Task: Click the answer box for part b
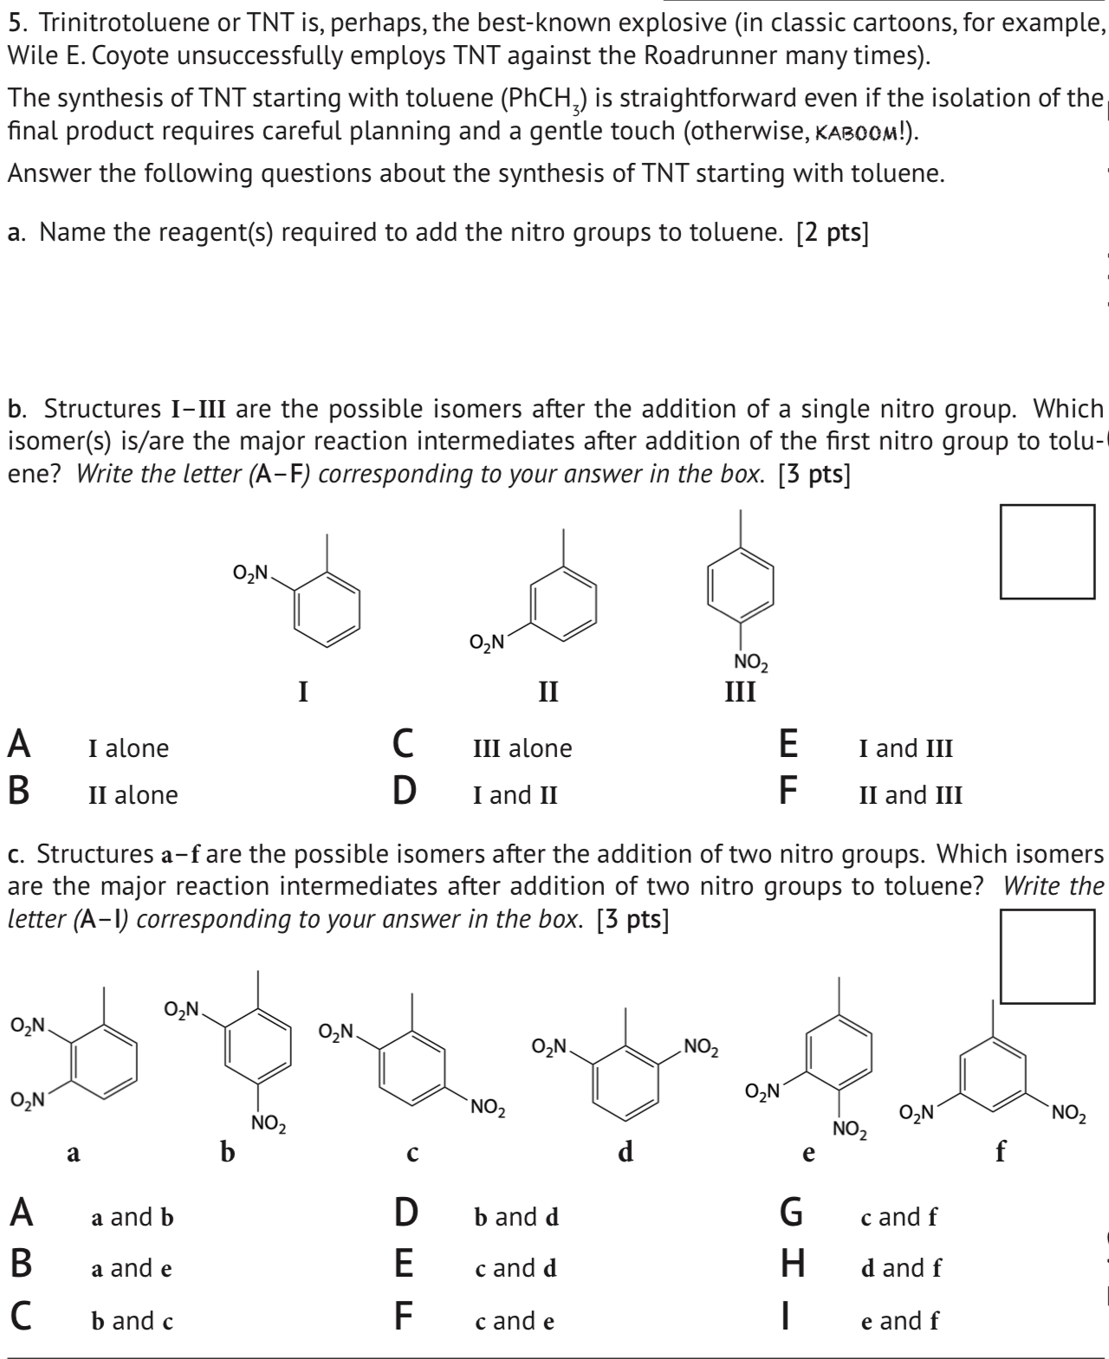point(1047,552)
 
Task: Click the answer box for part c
point(1047,956)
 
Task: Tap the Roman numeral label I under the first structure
point(302,692)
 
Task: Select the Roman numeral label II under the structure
point(548,692)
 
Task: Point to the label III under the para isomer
point(740,692)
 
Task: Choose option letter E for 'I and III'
point(788,744)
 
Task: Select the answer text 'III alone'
point(522,748)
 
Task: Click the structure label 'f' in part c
point(1002,1151)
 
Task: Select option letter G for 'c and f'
point(791,1213)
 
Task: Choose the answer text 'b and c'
point(133,1321)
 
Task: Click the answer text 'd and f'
point(900,1268)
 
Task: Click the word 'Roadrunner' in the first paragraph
point(710,56)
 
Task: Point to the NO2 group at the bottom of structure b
point(268,1125)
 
